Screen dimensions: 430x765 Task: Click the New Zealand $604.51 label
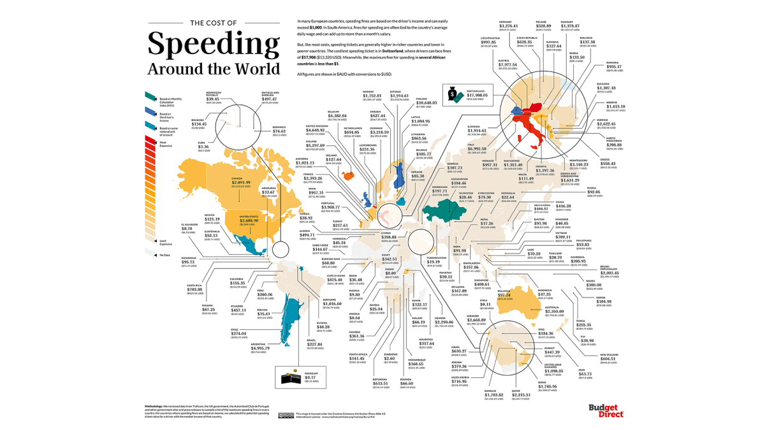(x=613, y=359)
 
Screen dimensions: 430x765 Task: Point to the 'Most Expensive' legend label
(x=165, y=144)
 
